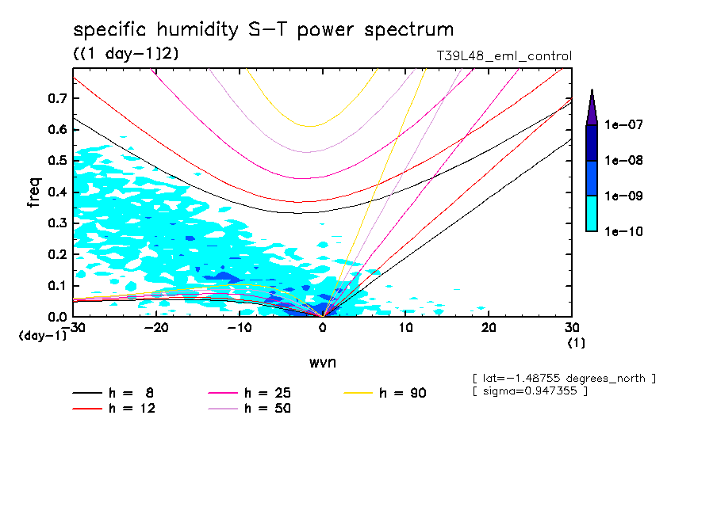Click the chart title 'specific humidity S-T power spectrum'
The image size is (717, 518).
[x=263, y=30]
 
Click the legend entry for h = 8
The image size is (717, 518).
[x=116, y=393]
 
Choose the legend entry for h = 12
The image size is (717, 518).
[x=116, y=409]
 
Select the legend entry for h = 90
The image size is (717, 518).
[x=386, y=393]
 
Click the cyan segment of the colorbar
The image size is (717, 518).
[x=591, y=213]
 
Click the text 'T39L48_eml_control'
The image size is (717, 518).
[x=498, y=56]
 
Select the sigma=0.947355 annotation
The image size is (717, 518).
[x=529, y=391]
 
